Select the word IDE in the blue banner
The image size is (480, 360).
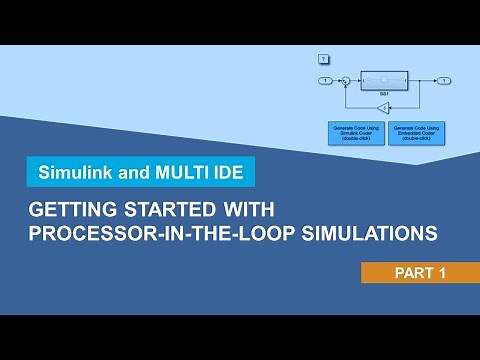tap(227, 171)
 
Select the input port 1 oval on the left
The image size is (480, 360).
tap(325, 79)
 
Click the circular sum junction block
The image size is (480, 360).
tap(345, 79)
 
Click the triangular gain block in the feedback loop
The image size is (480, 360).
tap(385, 104)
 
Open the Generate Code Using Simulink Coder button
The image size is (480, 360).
tap(356, 132)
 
